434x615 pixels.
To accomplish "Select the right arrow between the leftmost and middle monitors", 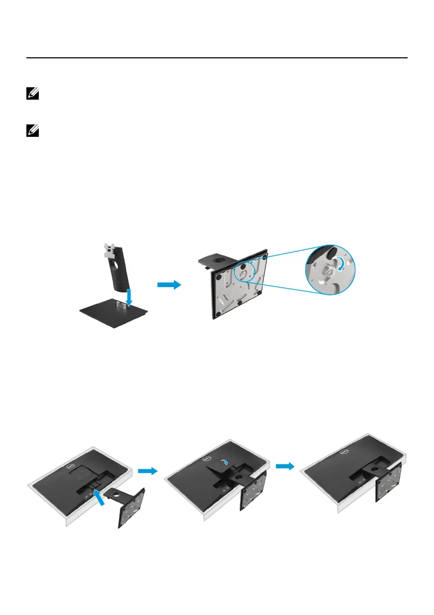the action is [x=147, y=471].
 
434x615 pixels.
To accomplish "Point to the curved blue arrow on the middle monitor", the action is [x=224, y=465].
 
